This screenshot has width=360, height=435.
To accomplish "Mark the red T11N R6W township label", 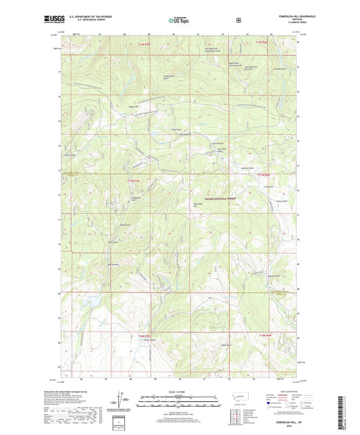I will [263, 175].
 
